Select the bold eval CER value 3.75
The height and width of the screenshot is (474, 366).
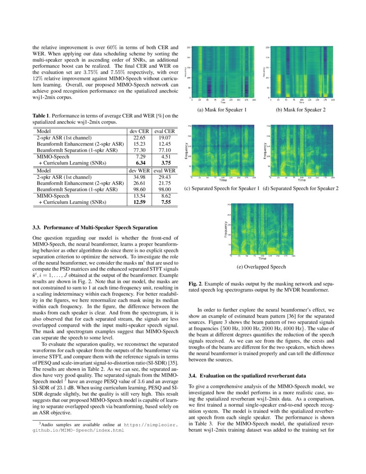(164, 163)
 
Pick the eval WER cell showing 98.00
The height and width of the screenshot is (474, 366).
(164, 189)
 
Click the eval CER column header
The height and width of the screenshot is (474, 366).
(164, 131)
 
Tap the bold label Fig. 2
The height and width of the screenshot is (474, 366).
(196, 284)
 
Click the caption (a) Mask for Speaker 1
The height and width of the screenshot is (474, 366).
(222, 110)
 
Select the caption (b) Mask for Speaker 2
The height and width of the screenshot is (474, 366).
(301, 110)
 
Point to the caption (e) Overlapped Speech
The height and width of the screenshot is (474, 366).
(261, 267)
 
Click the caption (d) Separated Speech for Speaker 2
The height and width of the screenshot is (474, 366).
(301, 188)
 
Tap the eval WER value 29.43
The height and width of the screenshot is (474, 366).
(164, 177)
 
